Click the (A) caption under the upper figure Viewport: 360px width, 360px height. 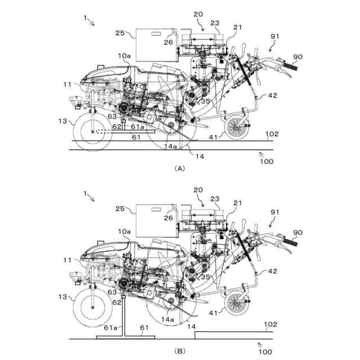tap(179, 168)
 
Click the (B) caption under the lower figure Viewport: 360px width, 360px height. tap(179, 350)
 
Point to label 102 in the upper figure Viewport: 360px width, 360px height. tap(272, 134)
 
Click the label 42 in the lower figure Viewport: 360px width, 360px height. tap(272, 271)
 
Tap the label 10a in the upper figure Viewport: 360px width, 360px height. tap(125, 56)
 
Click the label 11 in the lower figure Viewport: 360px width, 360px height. tap(67, 260)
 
